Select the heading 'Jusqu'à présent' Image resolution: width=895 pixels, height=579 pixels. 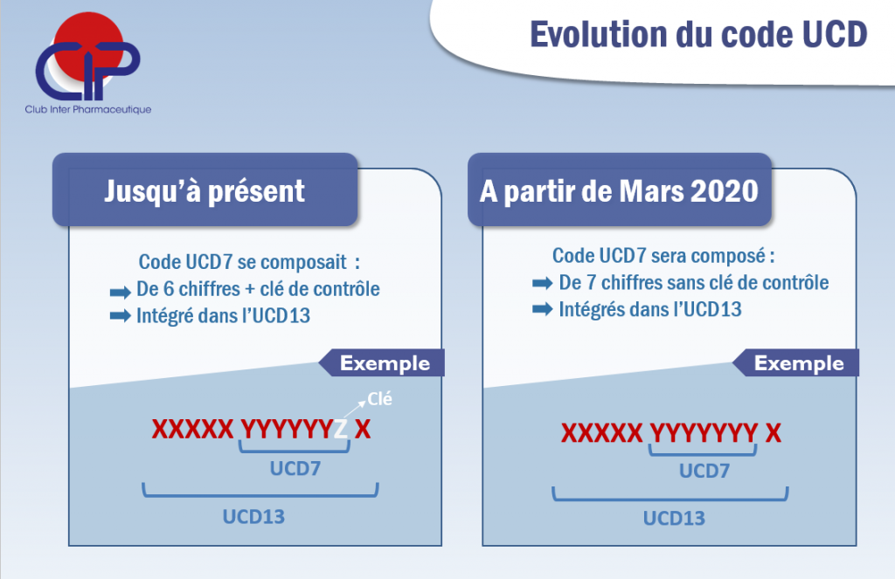205,190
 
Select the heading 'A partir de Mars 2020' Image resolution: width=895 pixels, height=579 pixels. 619,190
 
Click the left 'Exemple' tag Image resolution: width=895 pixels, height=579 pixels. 385,363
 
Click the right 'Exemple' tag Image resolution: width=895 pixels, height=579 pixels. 799,363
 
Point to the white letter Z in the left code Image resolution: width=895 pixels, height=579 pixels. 341,429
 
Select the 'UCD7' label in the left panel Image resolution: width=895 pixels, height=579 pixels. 295,469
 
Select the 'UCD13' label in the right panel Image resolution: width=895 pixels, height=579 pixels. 674,518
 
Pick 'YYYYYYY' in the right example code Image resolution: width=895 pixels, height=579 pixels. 704,433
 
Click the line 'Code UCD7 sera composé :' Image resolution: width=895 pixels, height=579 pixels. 663,257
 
